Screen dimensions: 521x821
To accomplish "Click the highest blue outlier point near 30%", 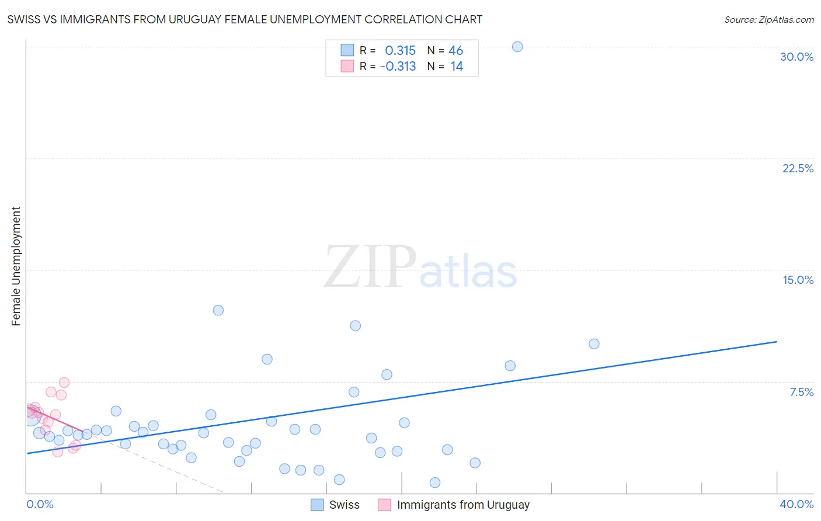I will pyautogui.click(x=517, y=47).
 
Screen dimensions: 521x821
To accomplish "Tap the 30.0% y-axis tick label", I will pyautogui.click(x=796, y=57).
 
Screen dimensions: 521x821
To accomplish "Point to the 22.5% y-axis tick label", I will pyautogui.click(x=798, y=168).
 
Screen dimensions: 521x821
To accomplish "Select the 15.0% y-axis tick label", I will pyautogui.click(x=798, y=280).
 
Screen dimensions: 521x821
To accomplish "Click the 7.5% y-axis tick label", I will pyautogui.click(x=801, y=392).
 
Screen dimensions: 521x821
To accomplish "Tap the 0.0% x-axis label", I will pyautogui.click(x=40, y=504).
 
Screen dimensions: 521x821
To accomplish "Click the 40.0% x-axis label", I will pyautogui.click(x=796, y=504).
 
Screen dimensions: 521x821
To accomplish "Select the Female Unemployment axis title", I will pyautogui.click(x=16, y=266).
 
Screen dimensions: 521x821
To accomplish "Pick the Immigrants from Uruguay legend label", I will pyautogui.click(x=463, y=505).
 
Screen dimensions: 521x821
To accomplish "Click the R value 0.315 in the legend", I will pyautogui.click(x=400, y=51).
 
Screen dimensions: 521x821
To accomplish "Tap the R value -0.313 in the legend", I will pyautogui.click(x=398, y=67).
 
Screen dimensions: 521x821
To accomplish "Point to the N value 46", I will pyautogui.click(x=455, y=51).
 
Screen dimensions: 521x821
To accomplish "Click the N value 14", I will pyautogui.click(x=456, y=67).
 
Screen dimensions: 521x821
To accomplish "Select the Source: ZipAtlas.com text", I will pyautogui.click(x=768, y=20).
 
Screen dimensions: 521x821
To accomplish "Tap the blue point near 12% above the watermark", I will pyautogui.click(x=218, y=310).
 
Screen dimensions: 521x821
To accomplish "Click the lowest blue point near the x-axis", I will pyautogui.click(x=434, y=482).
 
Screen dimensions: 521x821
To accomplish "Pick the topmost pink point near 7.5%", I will pyautogui.click(x=64, y=383).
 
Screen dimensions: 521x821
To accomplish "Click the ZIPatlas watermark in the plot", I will pyautogui.click(x=420, y=267).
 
